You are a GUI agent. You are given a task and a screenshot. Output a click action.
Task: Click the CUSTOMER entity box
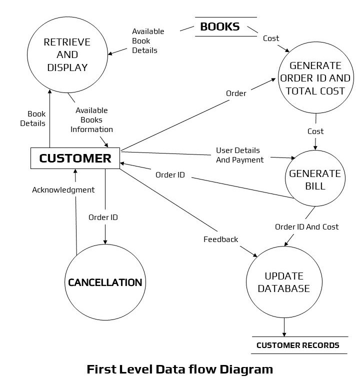pos(75,158)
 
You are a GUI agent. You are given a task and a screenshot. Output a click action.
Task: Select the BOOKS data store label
pos(220,26)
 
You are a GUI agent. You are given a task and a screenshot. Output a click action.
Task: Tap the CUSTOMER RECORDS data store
pos(298,345)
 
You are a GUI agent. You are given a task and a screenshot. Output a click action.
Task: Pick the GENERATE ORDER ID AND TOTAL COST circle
pos(315,78)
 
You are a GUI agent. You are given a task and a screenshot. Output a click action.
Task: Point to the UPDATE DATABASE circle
pos(284,282)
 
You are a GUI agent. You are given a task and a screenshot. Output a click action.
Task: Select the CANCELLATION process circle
pos(104,282)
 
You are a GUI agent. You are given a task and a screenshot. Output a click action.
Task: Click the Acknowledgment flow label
pos(63,190)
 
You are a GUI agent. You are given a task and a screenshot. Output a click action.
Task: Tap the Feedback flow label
pos(220,239)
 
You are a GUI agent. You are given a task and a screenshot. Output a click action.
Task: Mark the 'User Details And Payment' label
pos(239,155)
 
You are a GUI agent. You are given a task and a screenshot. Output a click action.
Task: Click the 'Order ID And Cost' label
pos(306,227)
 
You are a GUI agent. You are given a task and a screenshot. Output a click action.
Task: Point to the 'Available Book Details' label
pos(148,41)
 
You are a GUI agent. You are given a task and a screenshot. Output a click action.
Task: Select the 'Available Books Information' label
pos(91,120)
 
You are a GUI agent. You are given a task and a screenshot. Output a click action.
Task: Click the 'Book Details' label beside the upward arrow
pos(36,118)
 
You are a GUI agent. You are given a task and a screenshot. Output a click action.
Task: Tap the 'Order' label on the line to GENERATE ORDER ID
pos(235,93)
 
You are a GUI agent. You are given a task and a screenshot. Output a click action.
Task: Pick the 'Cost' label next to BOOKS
pos(271,38)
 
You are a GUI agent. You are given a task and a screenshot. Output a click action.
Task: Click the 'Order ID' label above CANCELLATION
pos(103,217)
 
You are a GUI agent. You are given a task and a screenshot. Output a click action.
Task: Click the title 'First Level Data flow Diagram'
pos(180,370)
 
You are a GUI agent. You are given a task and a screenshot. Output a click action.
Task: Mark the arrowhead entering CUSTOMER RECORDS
pos(284,333)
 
